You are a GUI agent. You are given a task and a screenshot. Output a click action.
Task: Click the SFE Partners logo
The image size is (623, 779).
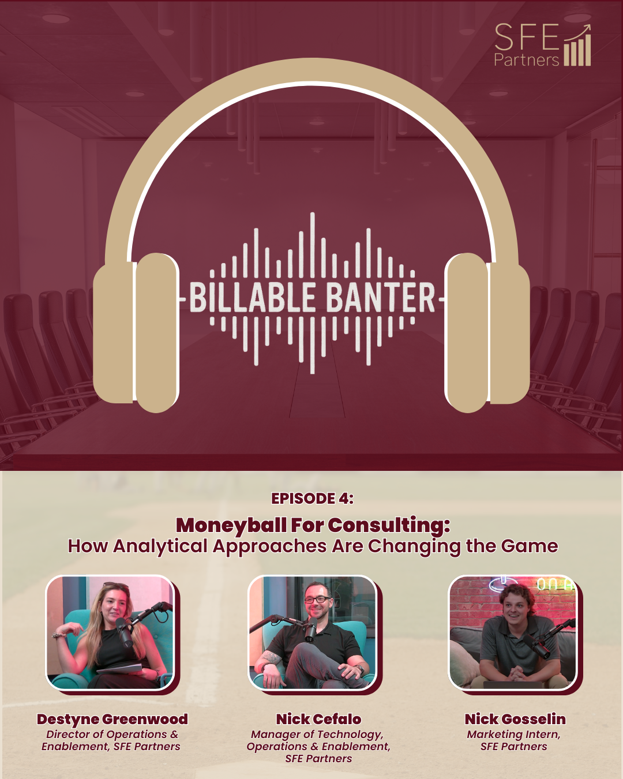(542, 45)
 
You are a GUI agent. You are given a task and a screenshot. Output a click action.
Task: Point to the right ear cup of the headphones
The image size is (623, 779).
(487, 333)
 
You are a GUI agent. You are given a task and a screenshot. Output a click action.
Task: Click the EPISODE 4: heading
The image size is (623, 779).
(312, 499)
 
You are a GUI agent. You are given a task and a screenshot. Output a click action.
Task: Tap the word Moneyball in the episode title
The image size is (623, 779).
(231, 525)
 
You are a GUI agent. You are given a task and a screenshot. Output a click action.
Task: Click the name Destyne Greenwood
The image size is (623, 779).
(112, 719)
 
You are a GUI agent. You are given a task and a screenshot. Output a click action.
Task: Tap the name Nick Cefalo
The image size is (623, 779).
(318, 719)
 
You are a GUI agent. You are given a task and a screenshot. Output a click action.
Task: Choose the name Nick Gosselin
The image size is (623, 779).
(515, 719)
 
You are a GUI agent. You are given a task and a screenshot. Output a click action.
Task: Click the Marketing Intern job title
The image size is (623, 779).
(513, 734)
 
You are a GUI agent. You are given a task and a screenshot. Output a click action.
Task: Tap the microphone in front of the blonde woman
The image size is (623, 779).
(125, 632)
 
